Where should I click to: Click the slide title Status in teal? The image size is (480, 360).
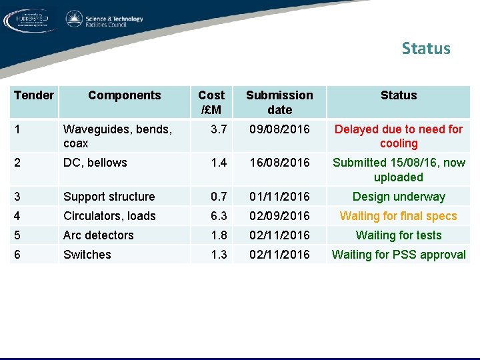[426, 49]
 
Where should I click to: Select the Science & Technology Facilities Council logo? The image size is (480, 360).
[105, 20]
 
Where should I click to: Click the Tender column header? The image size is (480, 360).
[33, 95]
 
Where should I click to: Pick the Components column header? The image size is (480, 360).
[124, 95]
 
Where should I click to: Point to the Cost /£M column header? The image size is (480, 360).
[211, 102]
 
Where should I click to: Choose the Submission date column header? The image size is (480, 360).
[279, 102]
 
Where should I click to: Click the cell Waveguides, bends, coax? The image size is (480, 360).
[117, 136]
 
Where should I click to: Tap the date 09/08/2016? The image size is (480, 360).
[279, 129]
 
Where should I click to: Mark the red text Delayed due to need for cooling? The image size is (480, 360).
[398, 136]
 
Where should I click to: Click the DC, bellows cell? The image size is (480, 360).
[95, 163]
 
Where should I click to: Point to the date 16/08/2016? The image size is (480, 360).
[279, 163]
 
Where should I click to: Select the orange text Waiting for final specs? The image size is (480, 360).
[398, 216]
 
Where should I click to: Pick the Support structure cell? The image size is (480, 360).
[109, 197]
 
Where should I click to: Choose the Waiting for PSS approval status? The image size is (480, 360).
[398, 255]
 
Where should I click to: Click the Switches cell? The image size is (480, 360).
[87, 255]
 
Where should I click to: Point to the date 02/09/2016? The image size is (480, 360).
[279, 216]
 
